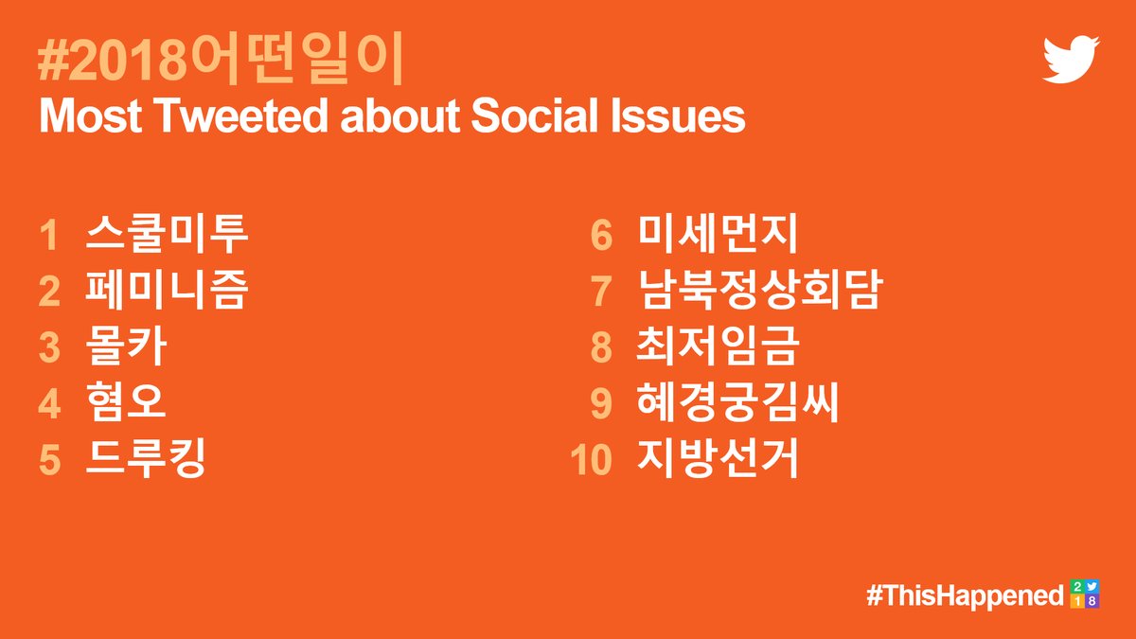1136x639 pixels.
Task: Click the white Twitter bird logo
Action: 1071,60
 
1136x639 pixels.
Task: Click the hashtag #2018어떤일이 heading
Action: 221,59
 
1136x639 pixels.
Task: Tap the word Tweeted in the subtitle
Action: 242,115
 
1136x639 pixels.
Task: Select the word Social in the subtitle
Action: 535,115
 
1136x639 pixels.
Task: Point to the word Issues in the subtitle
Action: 678,115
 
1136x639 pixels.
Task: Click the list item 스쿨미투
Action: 167,234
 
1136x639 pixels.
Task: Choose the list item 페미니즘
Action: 167,290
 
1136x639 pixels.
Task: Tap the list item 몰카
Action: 126,346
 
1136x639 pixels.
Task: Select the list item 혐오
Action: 126,402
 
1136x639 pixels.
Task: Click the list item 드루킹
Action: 146,458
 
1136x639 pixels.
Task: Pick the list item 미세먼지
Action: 719,234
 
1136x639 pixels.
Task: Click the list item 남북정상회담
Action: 759,290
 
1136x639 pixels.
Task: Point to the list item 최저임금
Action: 719,346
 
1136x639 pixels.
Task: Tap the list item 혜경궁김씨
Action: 738,402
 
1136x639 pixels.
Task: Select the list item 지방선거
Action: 719,458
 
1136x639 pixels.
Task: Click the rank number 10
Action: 592,460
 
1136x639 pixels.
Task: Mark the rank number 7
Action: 601,292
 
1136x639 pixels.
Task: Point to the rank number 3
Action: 49,348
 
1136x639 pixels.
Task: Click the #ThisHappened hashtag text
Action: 965,595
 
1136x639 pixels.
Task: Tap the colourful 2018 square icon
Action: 1085,594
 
